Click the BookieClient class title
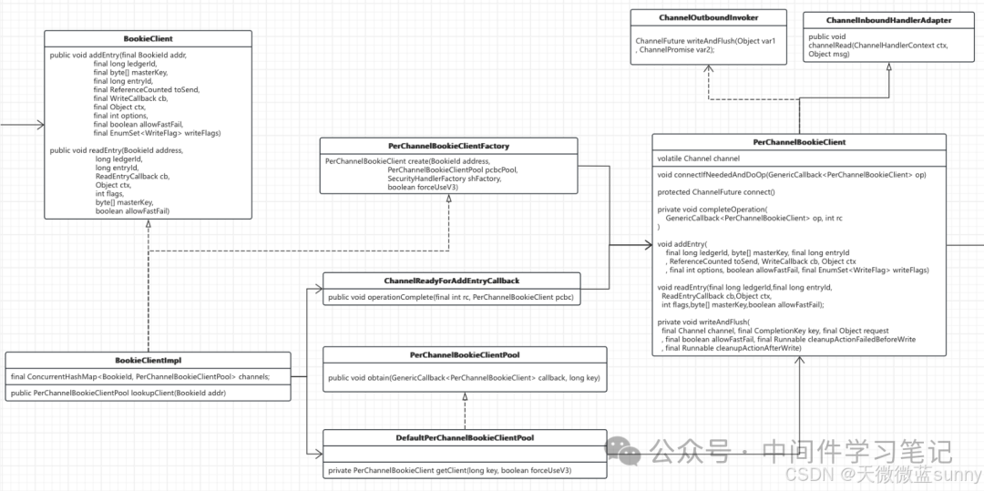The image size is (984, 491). pyautogui.click(x=149, y=38)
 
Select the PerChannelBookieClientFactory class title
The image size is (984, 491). pyautogui.click(x=448, y=146)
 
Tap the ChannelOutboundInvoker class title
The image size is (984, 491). pyautogui.click(x=708, y=17)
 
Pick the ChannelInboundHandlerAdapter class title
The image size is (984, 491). pyautogui.click(x=888, y=20)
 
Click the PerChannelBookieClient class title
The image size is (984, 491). pyautogui.click(x=799, y=142)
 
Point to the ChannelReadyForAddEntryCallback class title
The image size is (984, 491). pyautogui.click(x=451, y=281)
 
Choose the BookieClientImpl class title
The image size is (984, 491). pyautogui.click(x=149, y=360)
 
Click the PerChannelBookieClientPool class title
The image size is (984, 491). pyautogui.click(x=465, y=355)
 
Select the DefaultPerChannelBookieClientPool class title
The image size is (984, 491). pyautogui.click(x=465, y=437)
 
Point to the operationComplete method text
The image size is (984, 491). pyautogui.click(x=451, y=297)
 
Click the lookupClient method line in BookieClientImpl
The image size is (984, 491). pyautogui.click(x=118, y=393)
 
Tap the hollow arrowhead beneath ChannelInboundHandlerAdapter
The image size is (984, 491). pyautogui.click(x=888, y=67)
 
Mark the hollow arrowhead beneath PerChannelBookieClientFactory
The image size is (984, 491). pyautogui.click(x=448, y=199)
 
